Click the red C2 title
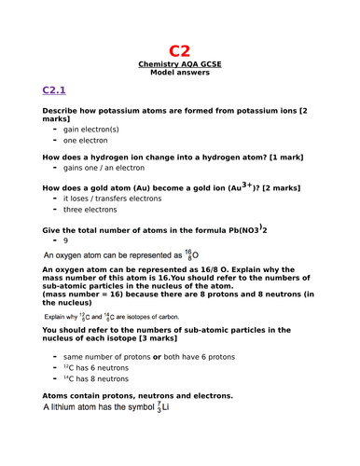coord(179,50)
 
